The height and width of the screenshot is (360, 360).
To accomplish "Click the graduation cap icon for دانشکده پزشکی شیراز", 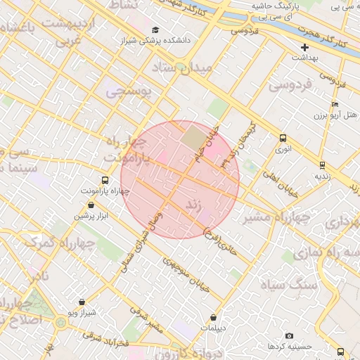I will point(155,30).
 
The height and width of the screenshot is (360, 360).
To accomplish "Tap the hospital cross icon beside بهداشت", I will point(304,47).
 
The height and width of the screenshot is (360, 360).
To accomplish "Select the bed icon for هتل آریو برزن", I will point(337,113).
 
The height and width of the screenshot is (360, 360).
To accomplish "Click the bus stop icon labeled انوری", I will point(283,138).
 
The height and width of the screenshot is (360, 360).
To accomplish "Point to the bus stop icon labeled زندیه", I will point(322,165).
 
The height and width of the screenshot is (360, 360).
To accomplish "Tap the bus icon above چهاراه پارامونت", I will point(105,180).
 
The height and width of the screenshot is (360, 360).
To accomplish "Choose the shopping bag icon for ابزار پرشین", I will point(91,205).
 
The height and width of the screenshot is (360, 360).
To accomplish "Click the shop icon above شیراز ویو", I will point(82,302).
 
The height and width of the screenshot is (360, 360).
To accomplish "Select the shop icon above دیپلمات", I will point(213,317).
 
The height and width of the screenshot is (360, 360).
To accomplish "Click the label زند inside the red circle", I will point(193,204).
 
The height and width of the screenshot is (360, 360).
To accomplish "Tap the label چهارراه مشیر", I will point(276,218).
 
